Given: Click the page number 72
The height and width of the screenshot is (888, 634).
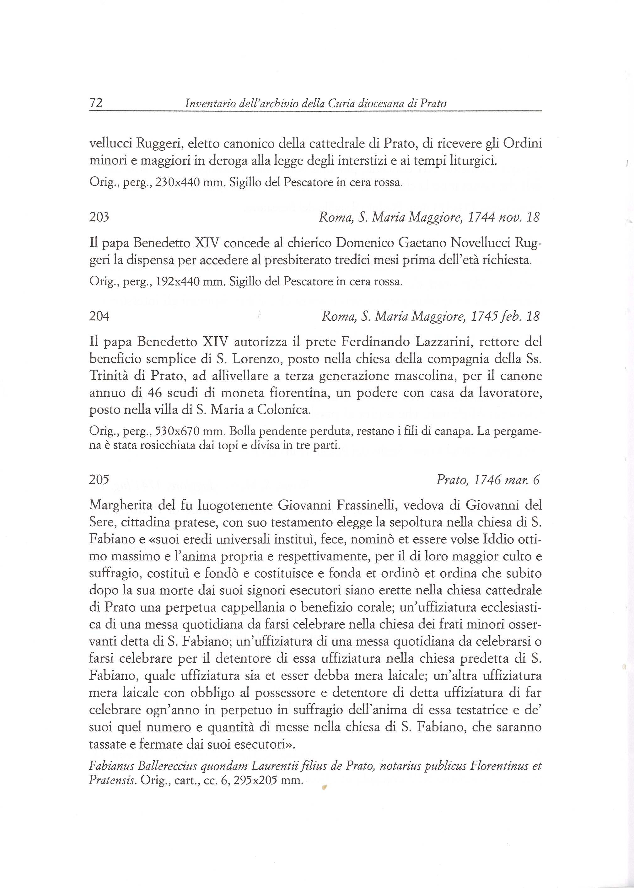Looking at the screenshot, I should point(96,103).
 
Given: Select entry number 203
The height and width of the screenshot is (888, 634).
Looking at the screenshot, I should point(99,217).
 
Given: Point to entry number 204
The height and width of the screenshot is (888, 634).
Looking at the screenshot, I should point(99,316).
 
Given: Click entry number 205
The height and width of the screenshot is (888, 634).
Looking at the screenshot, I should point(99,480).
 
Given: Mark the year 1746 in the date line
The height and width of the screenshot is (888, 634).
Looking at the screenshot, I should point(486,480).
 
